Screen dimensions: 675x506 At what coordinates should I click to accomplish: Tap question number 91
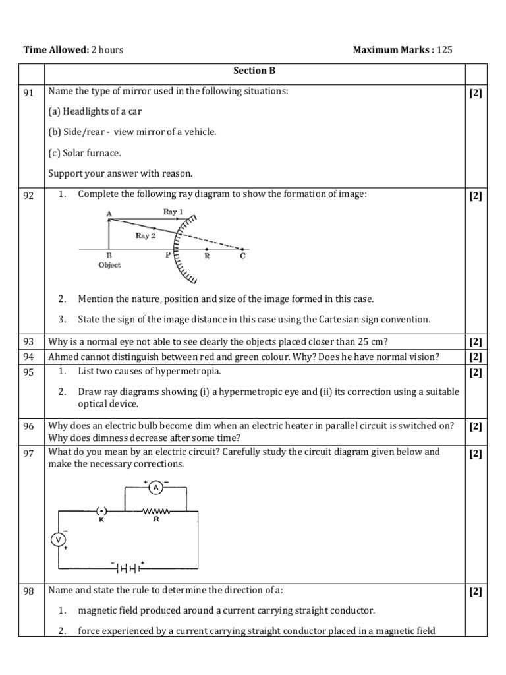pyautogui.click(x=29, y=92)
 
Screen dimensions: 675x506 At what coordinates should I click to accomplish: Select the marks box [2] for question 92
pyautogui.click(x=476, y=196)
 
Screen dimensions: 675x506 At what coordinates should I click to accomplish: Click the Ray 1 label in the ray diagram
pyautogui.click(x=173, y=212)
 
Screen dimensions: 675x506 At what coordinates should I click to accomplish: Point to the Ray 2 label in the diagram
pyautogui.click(x=146, y=235)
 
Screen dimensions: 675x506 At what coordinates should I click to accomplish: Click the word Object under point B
pyautogui.click(x=109, y=264)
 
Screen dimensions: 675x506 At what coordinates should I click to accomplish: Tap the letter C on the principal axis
pyautogui.click(x=242, y=256)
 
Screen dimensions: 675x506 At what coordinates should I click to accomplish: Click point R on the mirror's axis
pyautogui.click(x=207, y=256)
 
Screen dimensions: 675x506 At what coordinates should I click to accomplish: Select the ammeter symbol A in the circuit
pyautogui.click(x=155, y=488)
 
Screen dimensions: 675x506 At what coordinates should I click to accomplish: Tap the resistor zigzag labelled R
pyautogui.click(x=156, y=511)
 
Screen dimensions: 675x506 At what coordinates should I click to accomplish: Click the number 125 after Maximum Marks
pyautogui.click(x=445, y=50)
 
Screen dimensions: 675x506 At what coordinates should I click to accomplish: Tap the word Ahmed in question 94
pyautogui.click(x=62, y=357)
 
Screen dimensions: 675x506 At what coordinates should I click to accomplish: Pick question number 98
pyautogui.click(x=29, y=591)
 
